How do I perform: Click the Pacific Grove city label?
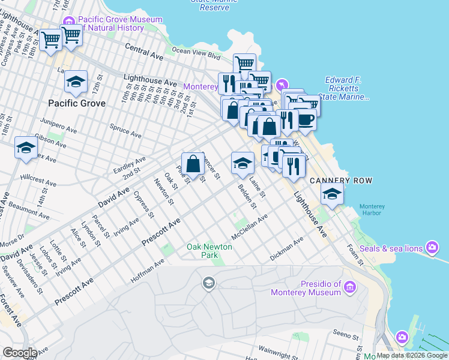coord(77,103)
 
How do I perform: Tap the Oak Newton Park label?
coord(202,251)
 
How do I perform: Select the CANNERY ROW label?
coord(341,181)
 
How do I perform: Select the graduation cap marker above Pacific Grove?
coord(76,82)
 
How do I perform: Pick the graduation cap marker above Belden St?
coord(242,163)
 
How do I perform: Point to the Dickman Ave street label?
coord(287,251)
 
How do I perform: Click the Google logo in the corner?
coord(20,353)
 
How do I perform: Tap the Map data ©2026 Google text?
coord(412,355)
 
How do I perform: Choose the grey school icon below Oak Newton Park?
coord(209,283)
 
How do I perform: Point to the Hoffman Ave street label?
coord(147,271)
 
